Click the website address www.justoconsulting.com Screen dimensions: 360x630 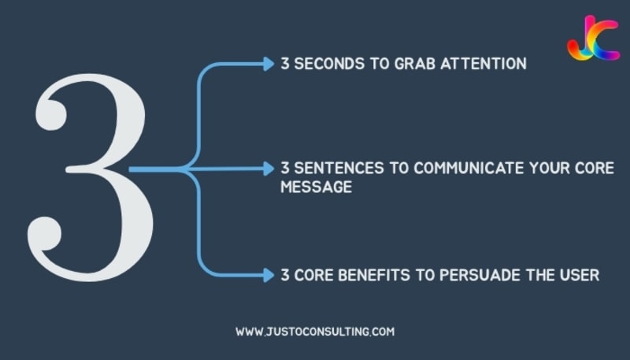(314, 332)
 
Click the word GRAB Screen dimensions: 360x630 (411, 64)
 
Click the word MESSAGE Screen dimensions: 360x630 (316, 188)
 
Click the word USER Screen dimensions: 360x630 (583, 275)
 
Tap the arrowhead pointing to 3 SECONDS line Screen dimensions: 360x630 (269, 64)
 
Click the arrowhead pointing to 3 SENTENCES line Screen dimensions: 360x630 (269, 169)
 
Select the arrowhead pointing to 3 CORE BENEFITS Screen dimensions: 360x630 (269, 275)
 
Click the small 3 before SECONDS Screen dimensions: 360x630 (285, 64)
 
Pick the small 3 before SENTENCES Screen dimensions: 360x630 (285, 169)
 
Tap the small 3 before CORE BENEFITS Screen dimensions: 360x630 (285, 275)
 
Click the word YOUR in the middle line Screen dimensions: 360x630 (550, 169)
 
